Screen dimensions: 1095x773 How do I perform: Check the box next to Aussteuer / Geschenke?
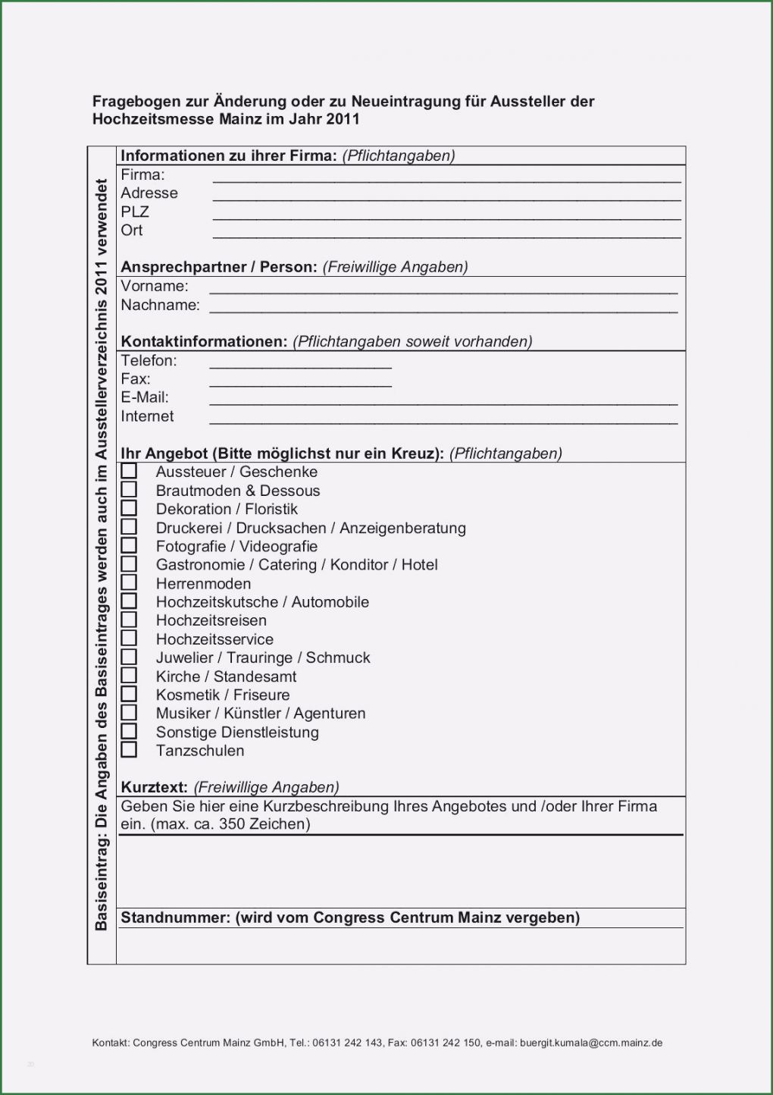[129, 471]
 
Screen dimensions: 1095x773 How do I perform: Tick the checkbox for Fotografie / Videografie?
[129, 545]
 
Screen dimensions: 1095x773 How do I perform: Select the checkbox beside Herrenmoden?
[129, 582]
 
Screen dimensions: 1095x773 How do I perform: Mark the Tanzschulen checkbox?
[129, 750]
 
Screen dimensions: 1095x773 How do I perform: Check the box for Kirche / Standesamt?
[129, 676]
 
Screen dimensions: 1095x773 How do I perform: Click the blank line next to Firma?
[446, 180]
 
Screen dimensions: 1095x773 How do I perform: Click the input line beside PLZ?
[446, 218]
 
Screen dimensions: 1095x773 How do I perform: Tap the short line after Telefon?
[300, 366]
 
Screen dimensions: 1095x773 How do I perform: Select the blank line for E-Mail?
[443, 403]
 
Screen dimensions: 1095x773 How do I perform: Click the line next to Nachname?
[443, 311]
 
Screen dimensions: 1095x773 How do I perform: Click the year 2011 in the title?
[343, 119]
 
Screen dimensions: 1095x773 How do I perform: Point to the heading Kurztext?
[154, 787]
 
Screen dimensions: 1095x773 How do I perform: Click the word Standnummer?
[175, 918]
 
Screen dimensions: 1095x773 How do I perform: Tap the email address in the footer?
[590, 1043]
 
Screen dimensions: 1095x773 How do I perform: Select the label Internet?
[147, 416]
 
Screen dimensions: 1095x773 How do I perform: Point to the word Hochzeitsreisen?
[211, 620]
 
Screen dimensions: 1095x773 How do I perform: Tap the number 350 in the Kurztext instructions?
[231, 824]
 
